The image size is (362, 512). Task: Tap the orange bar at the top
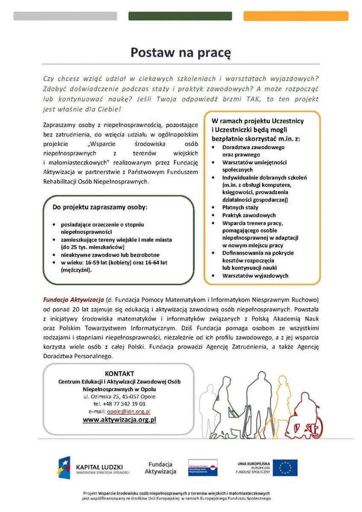295,16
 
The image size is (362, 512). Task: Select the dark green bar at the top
180,16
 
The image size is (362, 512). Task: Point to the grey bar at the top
65,16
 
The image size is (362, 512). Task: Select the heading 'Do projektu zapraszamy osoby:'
99,207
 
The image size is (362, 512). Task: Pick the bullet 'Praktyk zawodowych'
249,215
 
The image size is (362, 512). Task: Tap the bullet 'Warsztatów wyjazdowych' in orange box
255,276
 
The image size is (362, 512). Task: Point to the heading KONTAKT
119,373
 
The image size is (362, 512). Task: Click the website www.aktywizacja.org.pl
119,420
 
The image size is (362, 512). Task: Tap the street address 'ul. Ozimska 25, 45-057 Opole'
119,396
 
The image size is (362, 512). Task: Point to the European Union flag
285,468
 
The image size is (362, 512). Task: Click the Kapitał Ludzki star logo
65,467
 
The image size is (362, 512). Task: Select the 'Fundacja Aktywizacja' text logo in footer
160,468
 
